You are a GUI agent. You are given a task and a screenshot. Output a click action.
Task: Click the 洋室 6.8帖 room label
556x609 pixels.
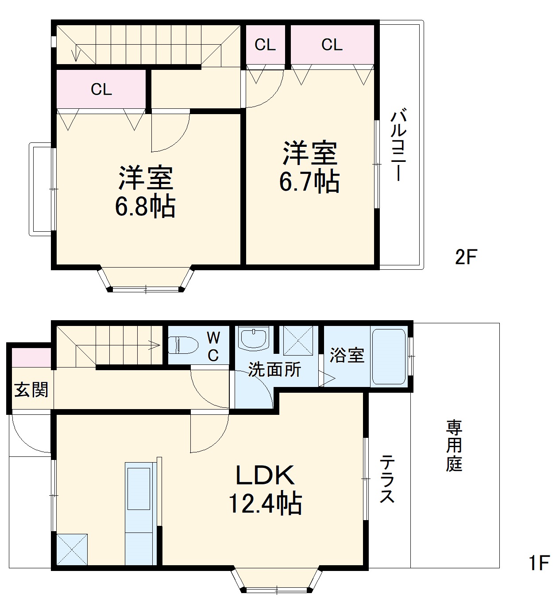click(x=145, y=192)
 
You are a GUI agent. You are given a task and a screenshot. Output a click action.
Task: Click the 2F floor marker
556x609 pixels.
click(x=466, y=257)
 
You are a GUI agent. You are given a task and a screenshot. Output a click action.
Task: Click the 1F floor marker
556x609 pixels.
click(x=539, y=563)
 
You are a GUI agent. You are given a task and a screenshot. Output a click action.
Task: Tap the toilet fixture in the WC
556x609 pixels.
click(x=183, y=345)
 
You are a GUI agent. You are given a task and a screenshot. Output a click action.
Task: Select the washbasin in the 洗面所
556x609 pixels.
click(x=253, y=339)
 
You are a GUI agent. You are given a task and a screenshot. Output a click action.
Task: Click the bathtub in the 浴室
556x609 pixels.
click(x=389, y=356)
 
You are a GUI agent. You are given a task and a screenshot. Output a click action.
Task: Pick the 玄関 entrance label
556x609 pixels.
click(x=31, y=390)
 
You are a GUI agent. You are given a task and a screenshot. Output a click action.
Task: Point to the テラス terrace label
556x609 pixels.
click(x=387, y=479)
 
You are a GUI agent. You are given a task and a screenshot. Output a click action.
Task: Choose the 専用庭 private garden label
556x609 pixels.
click(x=454, y=446)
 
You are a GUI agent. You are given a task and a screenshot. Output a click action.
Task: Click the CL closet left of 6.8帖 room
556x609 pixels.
click(x=101, y=89)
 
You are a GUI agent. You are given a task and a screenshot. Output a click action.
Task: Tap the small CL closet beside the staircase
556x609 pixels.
click(x=265, y=45)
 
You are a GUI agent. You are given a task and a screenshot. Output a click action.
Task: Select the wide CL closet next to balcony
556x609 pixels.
click(x=332, y=45)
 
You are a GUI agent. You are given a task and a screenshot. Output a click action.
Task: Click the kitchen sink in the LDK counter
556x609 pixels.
click(x=139, y=488)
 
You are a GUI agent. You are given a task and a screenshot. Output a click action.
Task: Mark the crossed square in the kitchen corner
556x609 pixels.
click(x=72, y=549)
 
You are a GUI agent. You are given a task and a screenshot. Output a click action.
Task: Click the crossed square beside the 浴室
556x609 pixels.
click(x=298, y=341)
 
